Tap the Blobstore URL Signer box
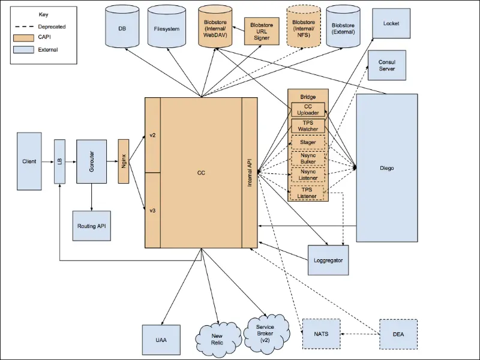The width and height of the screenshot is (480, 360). click(x=262, y=31)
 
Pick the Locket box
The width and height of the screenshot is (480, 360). click(x=391, y=23)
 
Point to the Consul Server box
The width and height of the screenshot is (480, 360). click(x=387, y=65)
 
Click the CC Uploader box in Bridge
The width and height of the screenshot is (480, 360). click(x=308, y=110)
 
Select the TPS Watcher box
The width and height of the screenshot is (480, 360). click(x=308, y=126)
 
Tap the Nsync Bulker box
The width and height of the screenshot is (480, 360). click(x=308, y=158)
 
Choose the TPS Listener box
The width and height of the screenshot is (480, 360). click(x=307, y=193)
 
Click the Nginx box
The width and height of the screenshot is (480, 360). click(x=124, y=161)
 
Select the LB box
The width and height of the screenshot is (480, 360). click(x=59, y=161)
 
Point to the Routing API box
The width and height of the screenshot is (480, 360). click(x=92, y=226)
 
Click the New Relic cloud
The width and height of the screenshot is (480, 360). click(x=217, y=339)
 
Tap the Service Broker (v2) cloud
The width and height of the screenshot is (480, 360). click(x=265, y=334)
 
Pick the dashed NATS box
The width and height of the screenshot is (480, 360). click(x=321, y=334)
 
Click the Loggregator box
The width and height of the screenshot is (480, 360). click(x=328, y=260)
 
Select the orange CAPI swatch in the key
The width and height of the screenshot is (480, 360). click(x=23, y=38)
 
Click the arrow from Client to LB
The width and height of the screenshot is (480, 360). click(x=47, y=161)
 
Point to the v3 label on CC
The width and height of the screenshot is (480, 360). click(x=152, y=211)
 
